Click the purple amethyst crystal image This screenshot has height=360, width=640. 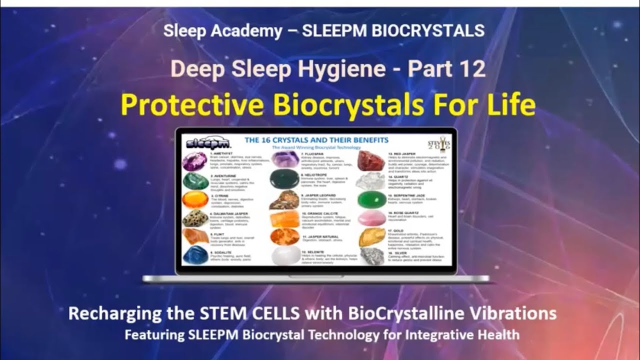(x=194, y=161)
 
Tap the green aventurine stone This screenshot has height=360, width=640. (x=195, y=181)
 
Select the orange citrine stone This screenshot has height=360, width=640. (x=195, y=199)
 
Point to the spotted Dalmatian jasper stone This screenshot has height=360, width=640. (x=195, y=218)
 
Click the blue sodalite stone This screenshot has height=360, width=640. (x=195, y=255)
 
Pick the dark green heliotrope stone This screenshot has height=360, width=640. (x=284, y=178)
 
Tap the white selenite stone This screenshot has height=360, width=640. (x=284, y=255)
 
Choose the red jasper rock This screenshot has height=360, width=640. (x=371, y=160)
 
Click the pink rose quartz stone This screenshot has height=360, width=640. (x=371, y=218)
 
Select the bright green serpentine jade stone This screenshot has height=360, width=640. (x=371, y=199)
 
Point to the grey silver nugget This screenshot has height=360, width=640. (x=371, y=255)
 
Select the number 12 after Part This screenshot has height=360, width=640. (x=471, y=69)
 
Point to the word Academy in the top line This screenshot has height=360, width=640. (x=253, y=30)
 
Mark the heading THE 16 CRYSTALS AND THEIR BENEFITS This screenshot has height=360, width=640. (x=315, y=140)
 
